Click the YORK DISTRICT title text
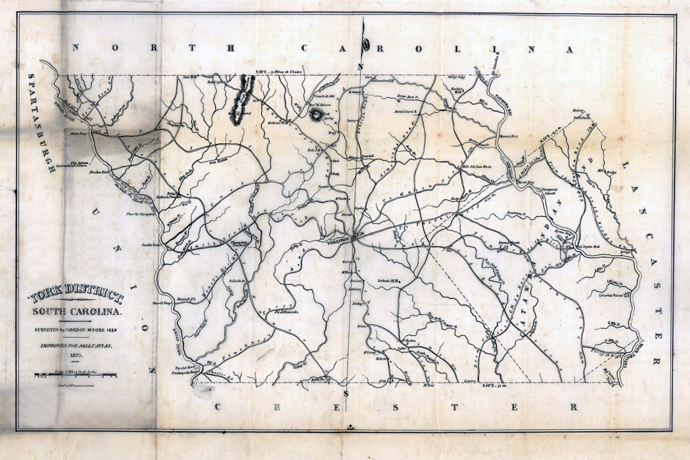[76, 297]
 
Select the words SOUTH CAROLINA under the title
[76, 311]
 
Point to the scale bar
[76, 375]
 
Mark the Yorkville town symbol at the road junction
[354, 238]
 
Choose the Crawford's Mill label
[307, 96]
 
